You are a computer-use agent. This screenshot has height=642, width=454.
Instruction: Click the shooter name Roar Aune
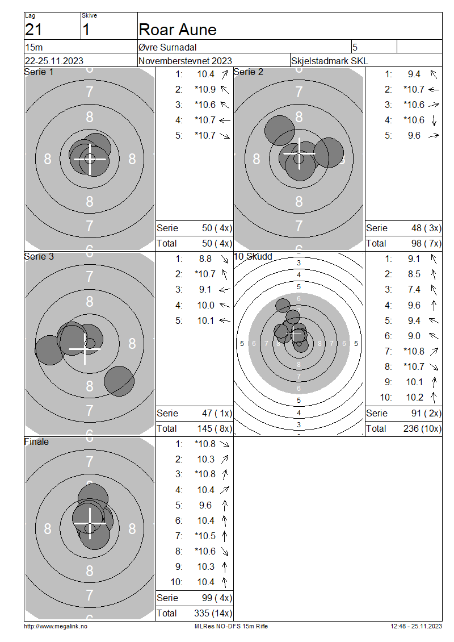[x=178, y=30]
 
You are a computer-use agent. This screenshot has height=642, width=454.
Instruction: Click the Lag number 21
[x=33, y=30]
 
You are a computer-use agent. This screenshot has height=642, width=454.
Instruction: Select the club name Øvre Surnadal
[x=167, y=47]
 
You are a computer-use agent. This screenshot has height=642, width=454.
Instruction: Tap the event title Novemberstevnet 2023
[x=185, y=61]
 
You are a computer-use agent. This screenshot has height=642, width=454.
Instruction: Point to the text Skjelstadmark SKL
[x=329, y=61]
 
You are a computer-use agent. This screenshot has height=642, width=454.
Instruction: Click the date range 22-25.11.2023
[x=54, y=61]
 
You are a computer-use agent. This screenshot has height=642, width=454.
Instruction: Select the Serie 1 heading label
[x=39, y=72]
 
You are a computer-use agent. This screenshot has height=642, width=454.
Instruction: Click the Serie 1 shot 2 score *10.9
[x=205, y=89]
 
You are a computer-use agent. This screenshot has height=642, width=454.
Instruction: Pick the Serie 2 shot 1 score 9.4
[x=414, y=74]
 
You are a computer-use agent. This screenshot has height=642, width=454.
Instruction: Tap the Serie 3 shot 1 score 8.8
[x=205, y=259]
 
